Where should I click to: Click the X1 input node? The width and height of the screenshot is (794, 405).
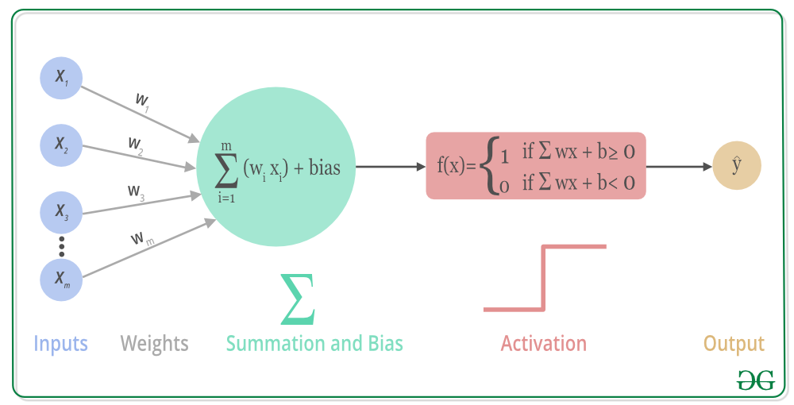pyautogui.click(x=61, y=76)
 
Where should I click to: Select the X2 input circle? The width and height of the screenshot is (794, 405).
pyautogui.click(x=61, y=144)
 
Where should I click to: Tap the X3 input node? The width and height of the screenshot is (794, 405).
pyautogui.click(x=61, y=211)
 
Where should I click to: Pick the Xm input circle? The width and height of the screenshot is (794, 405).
pyautogui.click(x=61, y=278)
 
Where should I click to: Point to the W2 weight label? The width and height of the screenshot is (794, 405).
pyautogui.click(x=136, y=145)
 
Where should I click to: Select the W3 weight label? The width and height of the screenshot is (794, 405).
pyautogui.click(x=136, y=192)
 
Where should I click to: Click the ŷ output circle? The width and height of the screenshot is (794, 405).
pyautogui.click(x=737, y=166)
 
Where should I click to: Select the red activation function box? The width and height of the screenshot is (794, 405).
pyautogui.click(x=536, y=165)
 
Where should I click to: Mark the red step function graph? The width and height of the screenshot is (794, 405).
pyautogui.click(x=544, y=278)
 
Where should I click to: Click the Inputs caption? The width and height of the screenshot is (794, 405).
pyautogui.click(x=60, y=344)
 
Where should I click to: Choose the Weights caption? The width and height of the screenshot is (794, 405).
pyautogui.click(x=154, y=344)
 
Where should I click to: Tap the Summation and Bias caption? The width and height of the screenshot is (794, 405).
pyautogui.click(x=314, y=344)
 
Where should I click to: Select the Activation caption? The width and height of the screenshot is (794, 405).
pyautogui.click(x=543, y=344)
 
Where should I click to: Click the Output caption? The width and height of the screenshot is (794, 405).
pyautogui.click(x=734, y=344)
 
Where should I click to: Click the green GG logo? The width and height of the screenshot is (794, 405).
pyautogui.click(x=754, y=380)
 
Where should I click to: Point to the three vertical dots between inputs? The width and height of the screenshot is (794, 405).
pyautogui.click(x=61, y=245)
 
